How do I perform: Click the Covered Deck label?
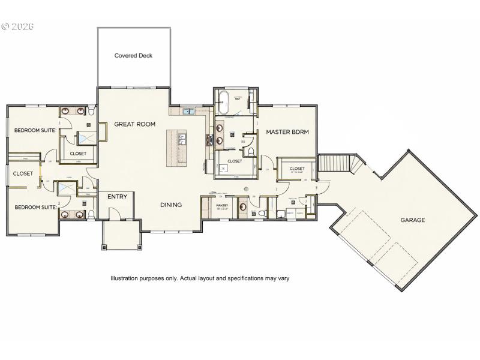pyautogui.click(x=133, y=56)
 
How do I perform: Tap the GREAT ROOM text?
pyautogui.click(x=135, y=124)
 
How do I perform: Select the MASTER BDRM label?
pyautogui.click(x=287, y=132)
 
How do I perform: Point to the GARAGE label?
pyautogui.click(x=413, y=220)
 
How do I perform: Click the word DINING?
pyautogui.click(x=171, y=205)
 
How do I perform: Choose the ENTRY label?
pyautogui.click(x=117, y=197)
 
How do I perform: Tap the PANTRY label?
pyautogui.click(x=221, y=206)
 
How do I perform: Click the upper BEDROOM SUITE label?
pyautogui.click(x=35, y=130)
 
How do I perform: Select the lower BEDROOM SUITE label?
pyautogui.click(x=35, y=207)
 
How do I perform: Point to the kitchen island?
pyautogui.click(x=178, y=148)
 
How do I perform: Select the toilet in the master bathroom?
pyautogui.click(x=253, y=151)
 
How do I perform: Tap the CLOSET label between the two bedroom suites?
pyautogui.click(x=23, y=173)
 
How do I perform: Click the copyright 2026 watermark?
pyautogui.click(x=18, y=26)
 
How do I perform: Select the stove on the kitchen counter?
pyautogui.click(x=210, y=140)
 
